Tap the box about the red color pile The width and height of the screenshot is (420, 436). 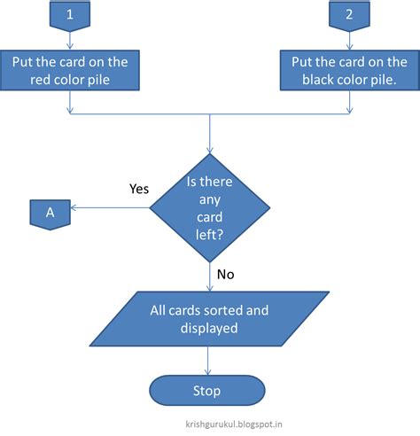coord(69,71)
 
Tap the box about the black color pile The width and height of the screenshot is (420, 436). coord(348,71)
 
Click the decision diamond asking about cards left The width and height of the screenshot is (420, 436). coord(210,210)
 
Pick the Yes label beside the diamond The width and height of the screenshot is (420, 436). coord(139,188)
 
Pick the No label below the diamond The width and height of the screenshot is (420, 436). coord(225,274)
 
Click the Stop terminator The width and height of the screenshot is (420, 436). coord(207,390)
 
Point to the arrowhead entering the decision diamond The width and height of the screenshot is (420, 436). coord(210,152)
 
